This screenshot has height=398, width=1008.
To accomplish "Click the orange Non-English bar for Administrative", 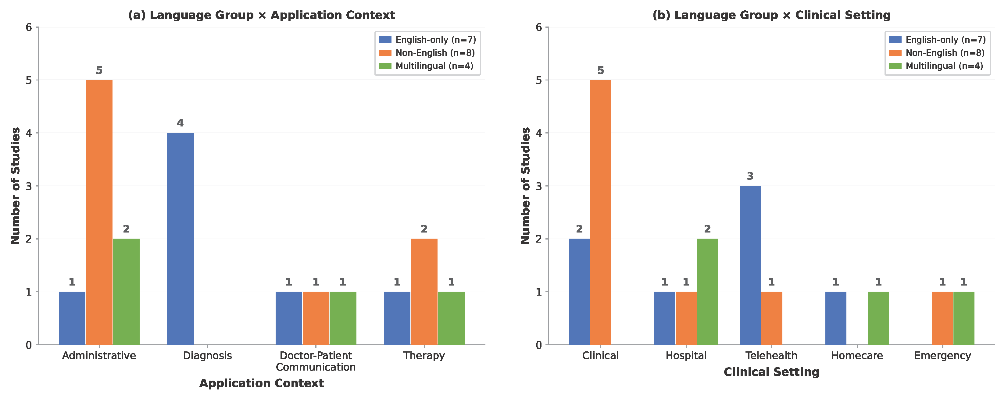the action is pyautogui.click(x=99, y=212).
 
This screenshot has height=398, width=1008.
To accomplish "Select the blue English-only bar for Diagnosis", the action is pyautogui.click(x=181, y=239).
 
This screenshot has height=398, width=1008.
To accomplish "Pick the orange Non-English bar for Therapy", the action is pyautogui.click(x=424, y=292).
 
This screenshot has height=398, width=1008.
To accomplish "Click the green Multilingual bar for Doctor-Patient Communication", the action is pyautogui.click(x=343, y=318).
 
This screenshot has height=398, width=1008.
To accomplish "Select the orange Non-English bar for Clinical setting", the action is pyautogui.click(x=601, y=212).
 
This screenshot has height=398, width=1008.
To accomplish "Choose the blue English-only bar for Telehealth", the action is pyautogui.click(x=750, y=265).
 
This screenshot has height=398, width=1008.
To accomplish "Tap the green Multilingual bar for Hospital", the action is pyautogui.click(x=707, y=292).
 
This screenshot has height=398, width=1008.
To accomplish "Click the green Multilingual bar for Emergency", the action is pyautogui.click(x=964, y=318).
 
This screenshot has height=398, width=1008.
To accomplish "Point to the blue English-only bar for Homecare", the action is pyautogui.click(x=836, y=318).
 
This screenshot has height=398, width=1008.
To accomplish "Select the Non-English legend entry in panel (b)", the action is pyautogui.click(x=936, y=53).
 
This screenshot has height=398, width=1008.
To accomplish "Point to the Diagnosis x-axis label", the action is pyautogui.click(x=207, y=355).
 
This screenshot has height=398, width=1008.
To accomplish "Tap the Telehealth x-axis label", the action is pyautogui.click(x=771, y=355).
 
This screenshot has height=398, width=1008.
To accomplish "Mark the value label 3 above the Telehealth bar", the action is pyautogui.click(x=750, y=176).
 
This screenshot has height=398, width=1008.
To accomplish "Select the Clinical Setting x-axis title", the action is pyautogui.click(x=771, y=372).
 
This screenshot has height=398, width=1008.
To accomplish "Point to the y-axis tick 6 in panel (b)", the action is pyautogui.click(x=539, y=27).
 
